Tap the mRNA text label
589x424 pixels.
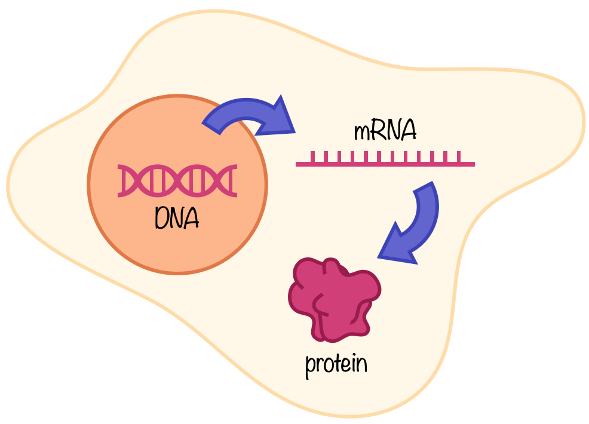click(385, 131)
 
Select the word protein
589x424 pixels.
click(336, 364)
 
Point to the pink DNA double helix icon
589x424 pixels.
click(177, 180)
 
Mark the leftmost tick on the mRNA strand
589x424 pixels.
click(312, 156)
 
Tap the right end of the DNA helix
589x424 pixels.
click(235, 180)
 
